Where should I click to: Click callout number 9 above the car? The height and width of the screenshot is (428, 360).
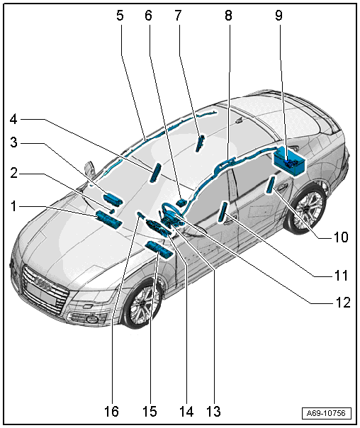[x=279, y=16]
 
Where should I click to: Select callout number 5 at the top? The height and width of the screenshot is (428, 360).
[x=120, y=16]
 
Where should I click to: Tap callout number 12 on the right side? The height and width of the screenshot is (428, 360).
[x=343, y=303]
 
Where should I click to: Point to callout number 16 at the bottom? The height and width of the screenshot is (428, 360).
[x=112, y=412]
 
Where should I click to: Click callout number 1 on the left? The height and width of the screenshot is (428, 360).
[x=13, y=206]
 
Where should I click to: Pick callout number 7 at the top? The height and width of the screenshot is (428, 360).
[x=178, y=16]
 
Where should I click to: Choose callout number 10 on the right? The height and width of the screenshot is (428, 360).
[x=341, y=237]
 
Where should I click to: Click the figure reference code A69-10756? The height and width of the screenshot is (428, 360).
[x=326, y=413]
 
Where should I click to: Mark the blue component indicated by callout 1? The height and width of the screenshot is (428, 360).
[x=108, y=219]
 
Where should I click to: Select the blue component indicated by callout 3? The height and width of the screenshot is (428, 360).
[x=113, y=199]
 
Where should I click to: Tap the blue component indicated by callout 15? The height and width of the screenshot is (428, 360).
[x=159, y=249]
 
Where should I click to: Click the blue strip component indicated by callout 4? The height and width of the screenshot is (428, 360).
[x=155, y=172]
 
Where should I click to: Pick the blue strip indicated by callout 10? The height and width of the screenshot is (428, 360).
[x=271, y=184]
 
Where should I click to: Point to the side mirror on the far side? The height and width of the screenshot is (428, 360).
[x=89, y=168]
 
